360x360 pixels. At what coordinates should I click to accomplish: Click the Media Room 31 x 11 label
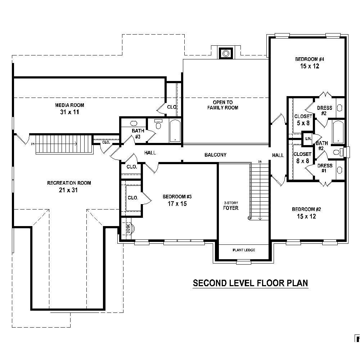(x=69, y=109)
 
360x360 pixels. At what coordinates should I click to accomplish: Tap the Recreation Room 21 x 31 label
(x=69, y=186)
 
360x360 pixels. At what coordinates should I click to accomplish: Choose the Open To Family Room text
(x=222, y=105)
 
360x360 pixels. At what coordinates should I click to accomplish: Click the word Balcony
(x=215, y=155)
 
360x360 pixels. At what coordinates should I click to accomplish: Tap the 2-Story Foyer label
(x=230, y=206)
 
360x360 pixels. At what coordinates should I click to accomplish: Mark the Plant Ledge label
(x=244, y=250)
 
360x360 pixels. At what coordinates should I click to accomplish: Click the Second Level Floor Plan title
(x=251, y=283)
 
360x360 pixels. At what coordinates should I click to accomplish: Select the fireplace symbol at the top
(x=226, y=54)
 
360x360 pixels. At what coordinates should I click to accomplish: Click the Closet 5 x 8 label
(x=303, y=120)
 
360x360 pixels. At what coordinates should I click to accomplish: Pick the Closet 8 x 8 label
(x=302, y=158)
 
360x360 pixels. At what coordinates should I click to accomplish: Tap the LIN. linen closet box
(x=308, y=139)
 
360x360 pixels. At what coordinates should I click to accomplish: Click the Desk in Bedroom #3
(x=128, y=228)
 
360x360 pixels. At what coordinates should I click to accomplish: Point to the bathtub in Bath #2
(x=338, y=132)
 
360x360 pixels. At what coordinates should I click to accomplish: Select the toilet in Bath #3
(x=158, y=124)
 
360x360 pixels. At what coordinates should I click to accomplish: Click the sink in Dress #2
(x=339, y=108)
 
